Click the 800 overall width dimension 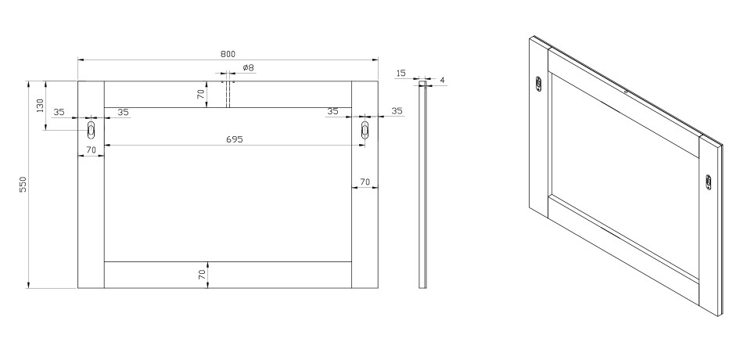tap(228, 54)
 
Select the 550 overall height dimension tap(23, 185)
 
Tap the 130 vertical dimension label tap(40, 106)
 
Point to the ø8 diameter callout tap(248, 67)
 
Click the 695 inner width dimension tap(235, 139)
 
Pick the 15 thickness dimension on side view tap(401, 74)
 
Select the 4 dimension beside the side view tap(442, 81)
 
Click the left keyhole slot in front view tap(91, 129)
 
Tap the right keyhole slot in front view tap(365, 130)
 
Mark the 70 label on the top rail tap(202, 93)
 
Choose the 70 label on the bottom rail tap(202, 275)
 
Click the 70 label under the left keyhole tap(91, 150)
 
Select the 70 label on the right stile tap(365, 182)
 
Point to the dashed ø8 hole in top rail tap(228, 95)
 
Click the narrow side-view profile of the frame tap(422, 185)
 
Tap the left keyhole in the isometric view tap(538, 84)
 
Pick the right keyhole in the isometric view tap(709, 182)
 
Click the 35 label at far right tap(397, 111)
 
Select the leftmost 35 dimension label tap(59, 112)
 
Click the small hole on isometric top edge tap(626, 91)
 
